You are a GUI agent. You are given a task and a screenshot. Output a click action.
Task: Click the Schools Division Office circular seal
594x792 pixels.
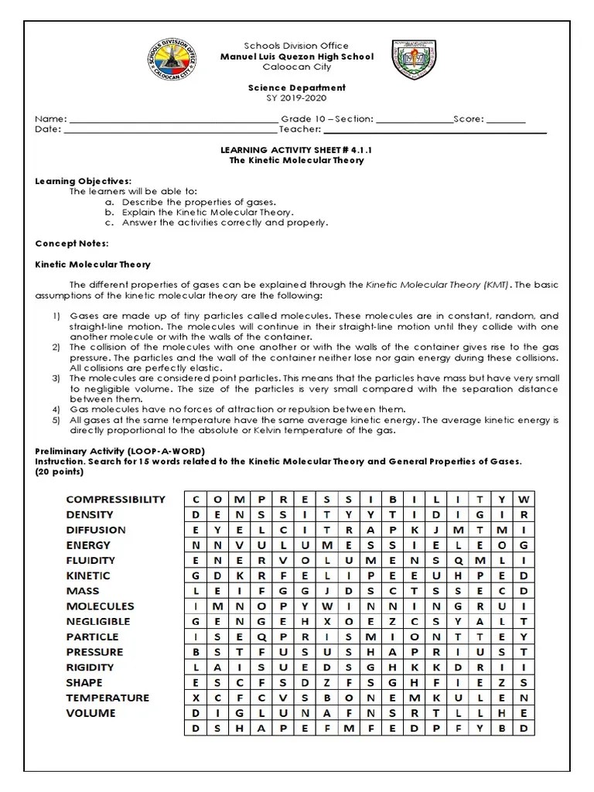tap(171, 67)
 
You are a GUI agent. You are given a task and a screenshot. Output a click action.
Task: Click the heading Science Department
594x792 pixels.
tap(296, 88)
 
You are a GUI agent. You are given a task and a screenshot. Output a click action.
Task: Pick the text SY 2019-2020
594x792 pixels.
tap(296, 98)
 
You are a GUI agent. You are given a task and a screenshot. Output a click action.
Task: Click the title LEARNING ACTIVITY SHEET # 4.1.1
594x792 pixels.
tap(296, 150)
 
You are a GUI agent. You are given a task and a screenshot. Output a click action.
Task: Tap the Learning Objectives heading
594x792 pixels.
tap(84, 180)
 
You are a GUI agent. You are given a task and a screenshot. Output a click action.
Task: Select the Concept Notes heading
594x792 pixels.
tap(72, 243)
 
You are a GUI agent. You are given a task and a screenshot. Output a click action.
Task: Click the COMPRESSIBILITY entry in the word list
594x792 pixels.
tap(115, 500)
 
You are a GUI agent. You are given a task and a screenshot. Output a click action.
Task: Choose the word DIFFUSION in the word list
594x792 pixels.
tap(96, 530)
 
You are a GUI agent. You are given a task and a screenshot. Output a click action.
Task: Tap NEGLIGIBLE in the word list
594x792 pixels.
tap(98, 621)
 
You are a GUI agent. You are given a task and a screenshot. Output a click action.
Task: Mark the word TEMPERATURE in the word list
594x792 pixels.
tap(108, 698)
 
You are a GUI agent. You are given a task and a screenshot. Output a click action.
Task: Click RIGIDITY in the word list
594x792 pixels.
tap(90, 667)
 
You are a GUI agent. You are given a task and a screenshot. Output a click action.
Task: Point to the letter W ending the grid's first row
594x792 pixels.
tap(524, 499)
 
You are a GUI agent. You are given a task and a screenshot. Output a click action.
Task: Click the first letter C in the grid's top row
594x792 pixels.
tap(196, 499)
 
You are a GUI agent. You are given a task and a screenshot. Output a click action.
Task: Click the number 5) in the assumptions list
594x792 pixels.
tap(56, 420)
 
